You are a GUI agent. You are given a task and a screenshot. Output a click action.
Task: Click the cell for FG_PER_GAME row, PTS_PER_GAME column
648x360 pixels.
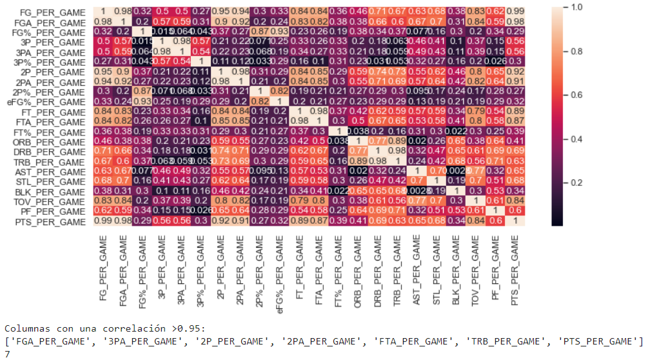[515, 12]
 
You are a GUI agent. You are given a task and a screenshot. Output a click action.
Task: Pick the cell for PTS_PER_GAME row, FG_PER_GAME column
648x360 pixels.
[103, 222]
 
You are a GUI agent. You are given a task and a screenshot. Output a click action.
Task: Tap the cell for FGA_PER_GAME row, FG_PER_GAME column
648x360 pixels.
[103, 23]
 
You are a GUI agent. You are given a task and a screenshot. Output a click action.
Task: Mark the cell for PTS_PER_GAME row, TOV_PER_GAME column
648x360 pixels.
[475, 222]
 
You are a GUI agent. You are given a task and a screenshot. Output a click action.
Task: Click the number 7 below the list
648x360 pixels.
[7, 354]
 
